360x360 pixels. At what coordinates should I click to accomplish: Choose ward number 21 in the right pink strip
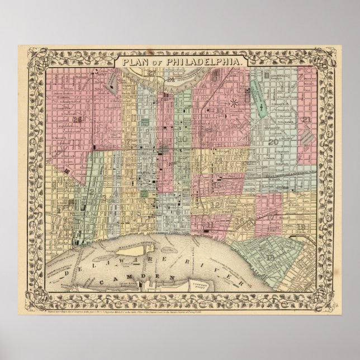click(x=306, y=120)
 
